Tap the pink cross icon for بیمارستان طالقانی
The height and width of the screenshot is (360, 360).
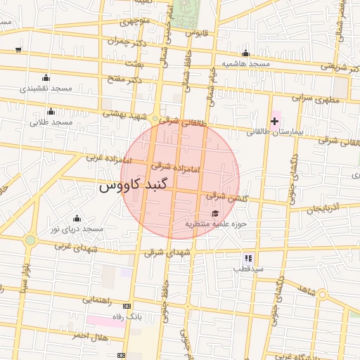(274, 122)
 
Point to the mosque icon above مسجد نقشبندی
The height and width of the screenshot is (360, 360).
(46, 77)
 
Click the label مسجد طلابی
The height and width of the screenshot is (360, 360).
(51, 122)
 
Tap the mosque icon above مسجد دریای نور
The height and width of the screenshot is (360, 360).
(77, 218)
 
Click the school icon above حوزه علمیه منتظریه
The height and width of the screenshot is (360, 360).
(214, 214)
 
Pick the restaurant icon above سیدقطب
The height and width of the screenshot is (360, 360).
(248, 258)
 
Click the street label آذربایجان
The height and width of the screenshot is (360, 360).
(323, 208)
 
